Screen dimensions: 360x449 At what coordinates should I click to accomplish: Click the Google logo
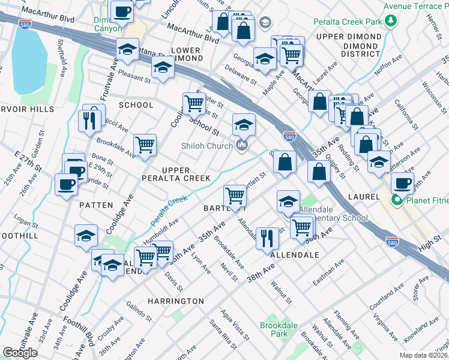click(20, 353)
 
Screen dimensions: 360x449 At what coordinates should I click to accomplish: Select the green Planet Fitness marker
click(397, 200)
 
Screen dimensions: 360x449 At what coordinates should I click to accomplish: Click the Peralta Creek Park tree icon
click(391, 22)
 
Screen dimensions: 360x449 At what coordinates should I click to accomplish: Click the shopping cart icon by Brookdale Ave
click(145, 145)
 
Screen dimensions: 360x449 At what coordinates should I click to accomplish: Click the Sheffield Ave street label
click(62, 53)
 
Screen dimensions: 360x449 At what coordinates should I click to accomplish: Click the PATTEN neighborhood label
click(96, 205)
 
